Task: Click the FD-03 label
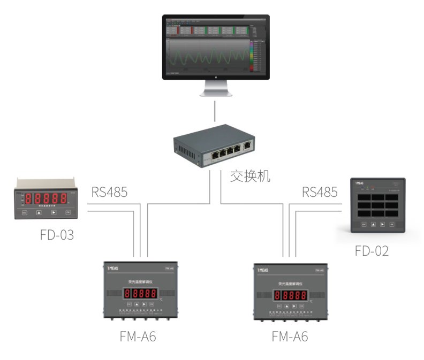point(56,235)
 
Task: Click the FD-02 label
point(372,251)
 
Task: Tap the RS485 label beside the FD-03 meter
point(109,192)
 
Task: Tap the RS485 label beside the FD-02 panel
point(320,192)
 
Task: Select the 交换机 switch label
point(250,176)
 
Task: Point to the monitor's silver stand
point(216,88)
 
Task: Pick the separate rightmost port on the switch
point(247,145)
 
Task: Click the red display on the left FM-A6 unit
point(140,293)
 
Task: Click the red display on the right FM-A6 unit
point(291,295)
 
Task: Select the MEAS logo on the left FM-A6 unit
point(114,269)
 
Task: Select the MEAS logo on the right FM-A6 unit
point(265,270)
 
